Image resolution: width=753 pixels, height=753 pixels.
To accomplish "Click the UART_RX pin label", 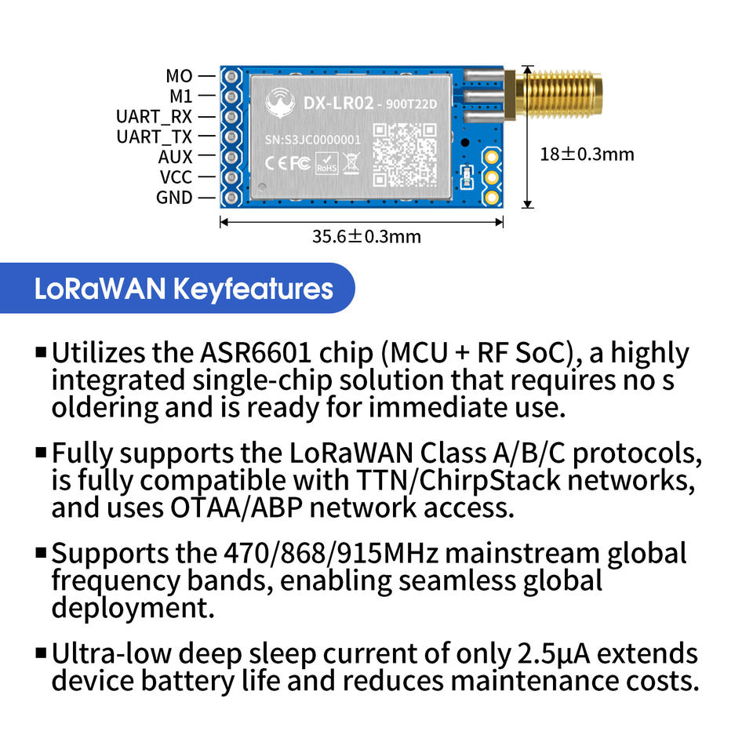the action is click(154, 117).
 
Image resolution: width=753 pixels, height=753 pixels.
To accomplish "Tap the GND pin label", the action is click(174, 198).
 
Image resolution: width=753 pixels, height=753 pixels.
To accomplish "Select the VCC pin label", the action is click(176, 177).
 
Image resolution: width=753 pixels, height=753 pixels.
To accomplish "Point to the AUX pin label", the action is click(175, 157).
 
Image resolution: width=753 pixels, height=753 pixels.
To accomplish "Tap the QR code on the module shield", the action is click(405, 155).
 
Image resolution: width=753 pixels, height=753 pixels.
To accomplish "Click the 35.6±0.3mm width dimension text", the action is click(366, 236).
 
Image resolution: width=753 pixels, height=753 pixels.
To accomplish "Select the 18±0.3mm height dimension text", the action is click(587, 155).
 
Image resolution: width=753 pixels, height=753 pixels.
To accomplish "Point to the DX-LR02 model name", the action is click(338, 103).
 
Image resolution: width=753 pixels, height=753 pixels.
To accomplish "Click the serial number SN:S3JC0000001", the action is click(313, 140).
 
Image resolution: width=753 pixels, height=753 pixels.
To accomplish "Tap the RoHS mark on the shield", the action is click(326, 163).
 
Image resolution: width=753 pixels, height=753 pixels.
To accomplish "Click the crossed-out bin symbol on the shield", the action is click(351, 163).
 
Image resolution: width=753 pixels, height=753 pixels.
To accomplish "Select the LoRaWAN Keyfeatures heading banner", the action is click(177, 288).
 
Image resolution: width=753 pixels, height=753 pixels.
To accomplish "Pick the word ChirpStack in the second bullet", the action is click(489, 480).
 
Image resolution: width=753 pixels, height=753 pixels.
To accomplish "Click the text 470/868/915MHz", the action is click(331, 553).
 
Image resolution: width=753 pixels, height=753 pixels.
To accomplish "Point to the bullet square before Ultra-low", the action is click(41, 653).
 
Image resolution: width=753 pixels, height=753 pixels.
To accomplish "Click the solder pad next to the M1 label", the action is click(231, 96).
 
